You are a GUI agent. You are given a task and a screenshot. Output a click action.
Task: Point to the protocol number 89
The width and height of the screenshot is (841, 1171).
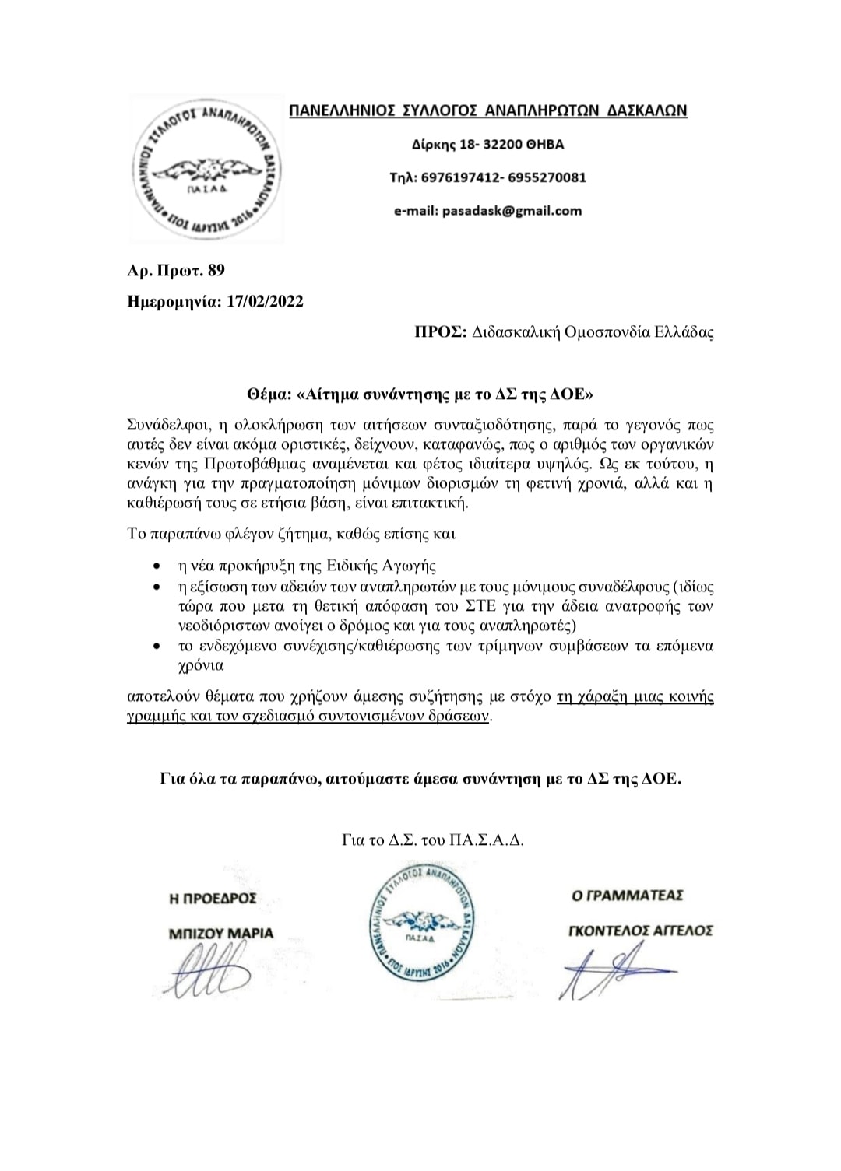point(216,271)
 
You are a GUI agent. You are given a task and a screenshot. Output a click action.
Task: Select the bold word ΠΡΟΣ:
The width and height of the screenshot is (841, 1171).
point(440,333)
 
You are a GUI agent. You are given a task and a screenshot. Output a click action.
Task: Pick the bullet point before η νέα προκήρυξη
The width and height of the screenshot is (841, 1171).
point(159,566)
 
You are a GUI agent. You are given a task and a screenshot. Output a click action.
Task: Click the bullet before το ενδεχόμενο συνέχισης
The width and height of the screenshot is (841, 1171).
point(159,647)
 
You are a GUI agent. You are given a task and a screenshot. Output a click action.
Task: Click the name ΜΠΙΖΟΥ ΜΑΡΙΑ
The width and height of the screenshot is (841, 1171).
point(221,933)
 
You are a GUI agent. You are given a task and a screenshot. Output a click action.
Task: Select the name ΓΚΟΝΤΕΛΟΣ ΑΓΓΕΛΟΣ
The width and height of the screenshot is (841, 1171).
point(639,931)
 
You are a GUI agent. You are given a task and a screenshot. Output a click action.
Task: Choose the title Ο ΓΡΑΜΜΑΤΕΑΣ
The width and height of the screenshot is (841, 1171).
point(627,896)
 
